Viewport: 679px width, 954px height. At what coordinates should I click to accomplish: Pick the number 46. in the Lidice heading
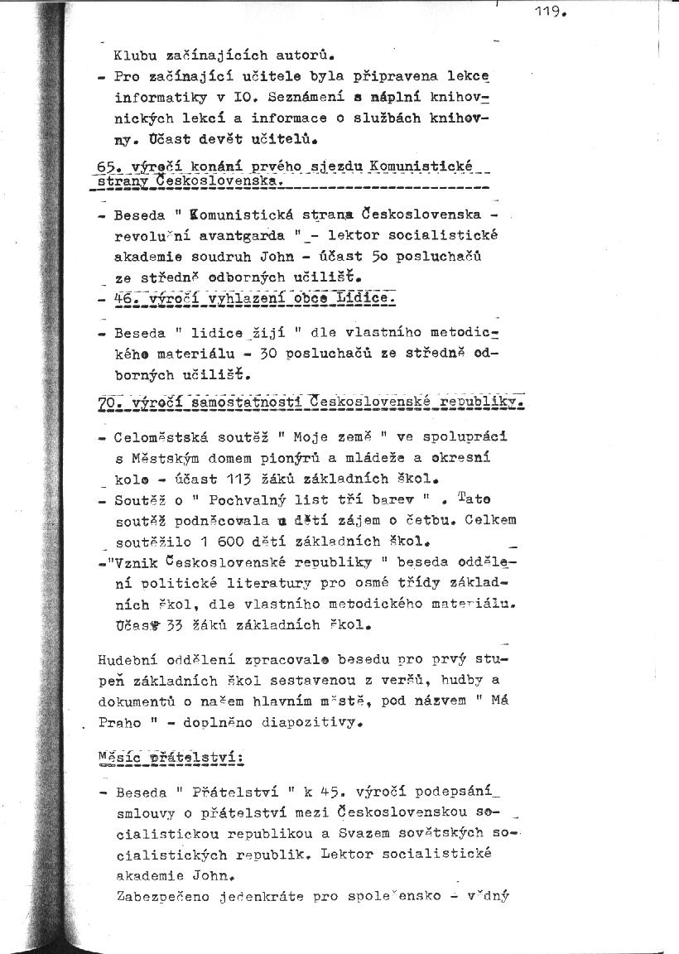pyautogui.click(x=128, y=297)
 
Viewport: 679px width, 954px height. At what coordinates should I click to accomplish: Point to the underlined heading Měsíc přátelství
pyautogui.click(x=169, y=757)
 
